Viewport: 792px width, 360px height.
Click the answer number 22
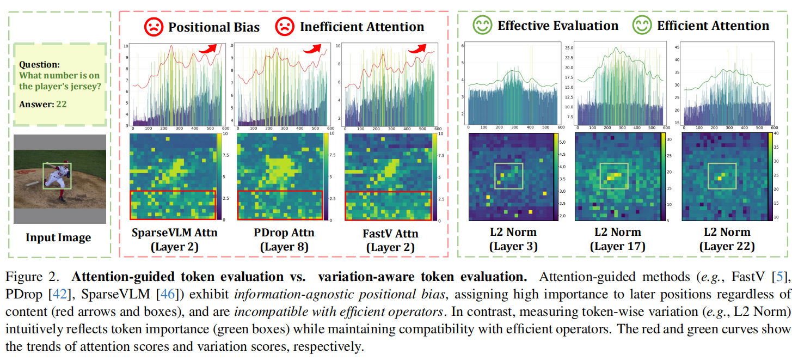tap(61, 104)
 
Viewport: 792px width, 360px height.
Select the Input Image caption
tap(58, 237)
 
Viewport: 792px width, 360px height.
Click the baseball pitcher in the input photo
tap(58, 175)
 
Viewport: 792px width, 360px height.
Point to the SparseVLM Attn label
tap(175, 233)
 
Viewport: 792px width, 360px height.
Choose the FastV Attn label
tap(390, 234)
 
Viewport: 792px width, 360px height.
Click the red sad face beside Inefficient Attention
tap(284, 26)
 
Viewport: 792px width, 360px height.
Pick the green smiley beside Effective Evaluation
tap(482, 25)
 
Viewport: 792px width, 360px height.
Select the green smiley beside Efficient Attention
tap(641, 25)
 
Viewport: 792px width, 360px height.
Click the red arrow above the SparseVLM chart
tap(207, 48)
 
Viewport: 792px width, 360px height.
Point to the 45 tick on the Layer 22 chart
tap(675, 46)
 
